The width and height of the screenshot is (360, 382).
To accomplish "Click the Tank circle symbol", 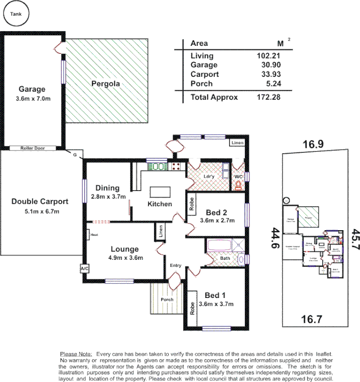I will coord(16,15).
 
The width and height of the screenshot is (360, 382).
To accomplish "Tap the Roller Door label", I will coord(33,148).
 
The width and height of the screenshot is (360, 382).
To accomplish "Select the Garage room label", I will coord(32,89).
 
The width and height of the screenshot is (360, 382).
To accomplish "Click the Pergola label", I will coord(105,84).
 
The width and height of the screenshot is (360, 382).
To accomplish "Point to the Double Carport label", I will coord(40,202).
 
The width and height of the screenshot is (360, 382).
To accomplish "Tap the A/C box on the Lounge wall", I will coord(85,269).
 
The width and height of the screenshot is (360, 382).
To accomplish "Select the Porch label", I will coord(167,300).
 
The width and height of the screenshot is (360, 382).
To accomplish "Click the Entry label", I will coord(176,265).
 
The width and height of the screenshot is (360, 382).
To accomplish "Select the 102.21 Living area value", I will coord(268,55).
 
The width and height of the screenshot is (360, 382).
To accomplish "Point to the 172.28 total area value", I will coord(268,97).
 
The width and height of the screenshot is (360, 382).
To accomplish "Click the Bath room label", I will coord(224,258).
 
